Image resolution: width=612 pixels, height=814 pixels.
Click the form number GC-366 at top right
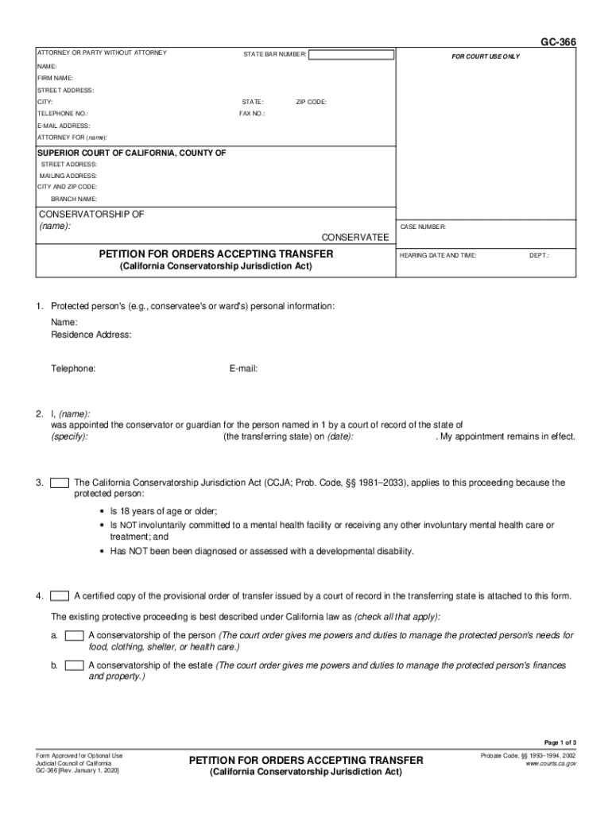pos(559,42)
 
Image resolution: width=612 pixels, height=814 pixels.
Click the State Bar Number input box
pos(351,55)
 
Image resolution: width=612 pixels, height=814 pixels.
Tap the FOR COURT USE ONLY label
pos(486,56)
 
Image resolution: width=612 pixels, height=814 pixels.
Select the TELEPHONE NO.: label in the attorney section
pos(57,114)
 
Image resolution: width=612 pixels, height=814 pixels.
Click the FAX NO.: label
pos(252,114)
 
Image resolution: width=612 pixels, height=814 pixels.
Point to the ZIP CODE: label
pos(311,103)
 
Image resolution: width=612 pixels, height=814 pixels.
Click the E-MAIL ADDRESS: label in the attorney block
pos(64,126)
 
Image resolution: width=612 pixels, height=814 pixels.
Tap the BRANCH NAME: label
pos(74,199)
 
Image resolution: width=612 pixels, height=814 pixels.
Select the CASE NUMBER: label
pos(423,227)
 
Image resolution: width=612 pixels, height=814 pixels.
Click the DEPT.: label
pos(540,255)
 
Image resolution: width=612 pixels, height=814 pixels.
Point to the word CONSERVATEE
pos(354,237)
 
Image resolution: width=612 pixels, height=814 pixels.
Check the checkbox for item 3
pos(60,483)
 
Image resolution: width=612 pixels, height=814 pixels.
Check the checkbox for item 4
pos(60,596)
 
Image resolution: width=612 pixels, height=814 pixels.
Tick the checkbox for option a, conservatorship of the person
pos(75,635)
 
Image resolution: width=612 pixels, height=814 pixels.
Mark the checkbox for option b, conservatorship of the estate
pos(75,665)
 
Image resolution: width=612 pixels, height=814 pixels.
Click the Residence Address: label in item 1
pos(91,335)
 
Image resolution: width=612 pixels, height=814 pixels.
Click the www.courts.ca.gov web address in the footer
pos(551,763)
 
